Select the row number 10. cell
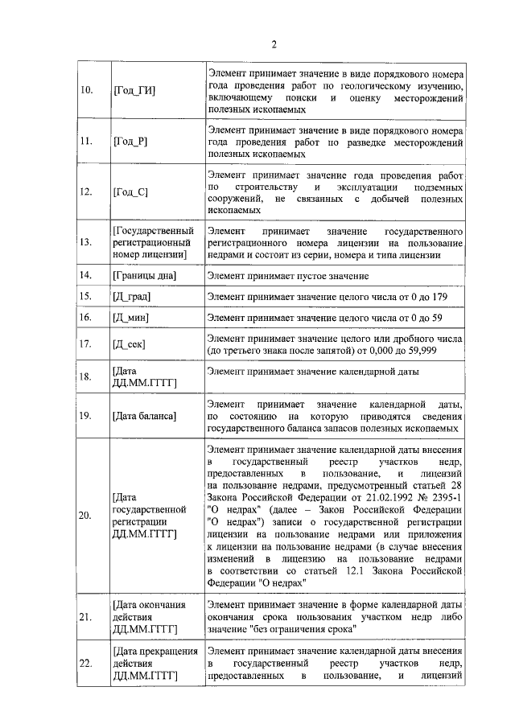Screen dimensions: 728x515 pos(89,90)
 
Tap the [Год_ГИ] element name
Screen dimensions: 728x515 pos(134,90)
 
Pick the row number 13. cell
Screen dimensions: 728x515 pos(89,242)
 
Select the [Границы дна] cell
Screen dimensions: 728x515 pos(145,275)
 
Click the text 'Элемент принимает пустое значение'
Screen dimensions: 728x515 pos(287,275)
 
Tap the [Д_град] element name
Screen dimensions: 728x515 pos(133,297)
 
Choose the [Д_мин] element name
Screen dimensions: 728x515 pos(134,319)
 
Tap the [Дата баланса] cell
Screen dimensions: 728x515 pos(145,415)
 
